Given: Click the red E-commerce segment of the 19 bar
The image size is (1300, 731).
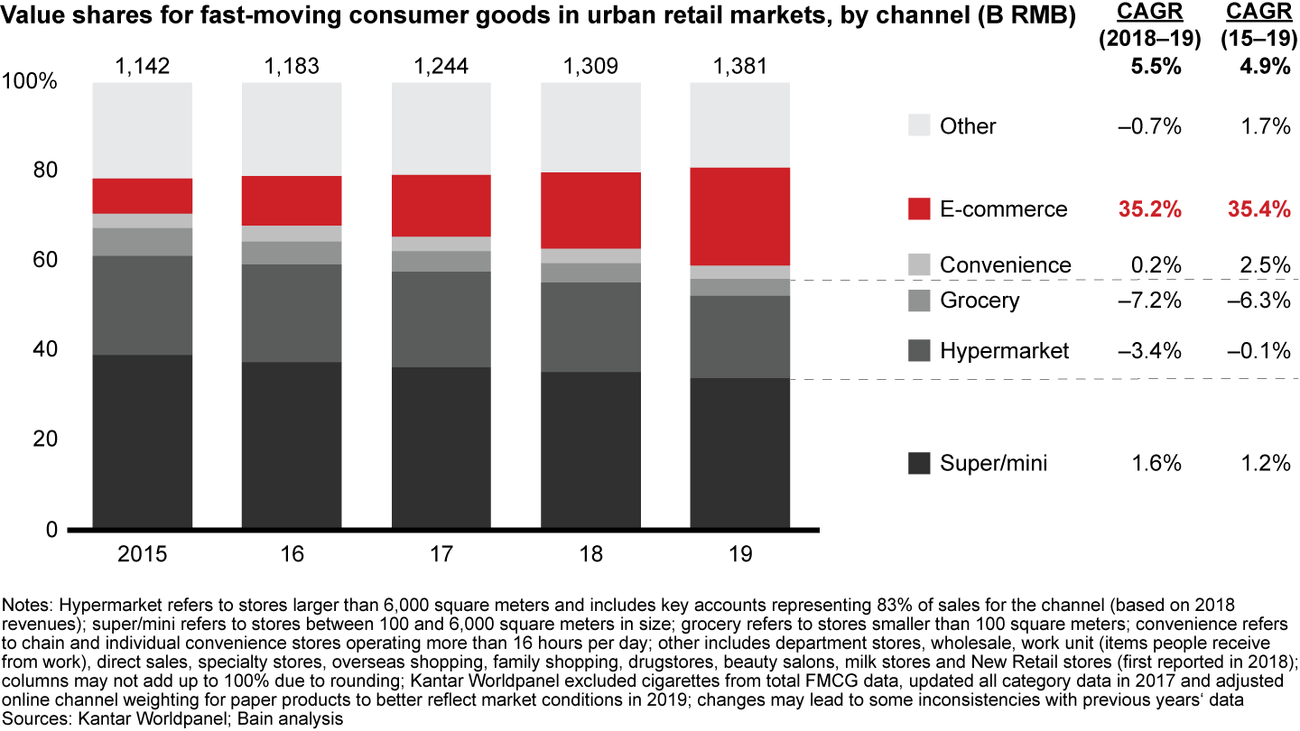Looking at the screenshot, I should click(x=739, y=217).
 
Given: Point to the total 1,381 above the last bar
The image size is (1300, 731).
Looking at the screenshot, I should click(x=739, y=65).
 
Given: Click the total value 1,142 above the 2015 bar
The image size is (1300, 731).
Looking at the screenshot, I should click(x=143, y=65).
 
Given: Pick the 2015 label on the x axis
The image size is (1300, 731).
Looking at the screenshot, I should click(x=143, y=553).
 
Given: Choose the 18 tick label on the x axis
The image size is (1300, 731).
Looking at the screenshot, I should click(x=590, y=553).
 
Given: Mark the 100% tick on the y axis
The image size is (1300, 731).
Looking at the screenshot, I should click(x=30, y=82).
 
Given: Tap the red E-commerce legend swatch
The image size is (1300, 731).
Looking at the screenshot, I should click(x=920, y=209).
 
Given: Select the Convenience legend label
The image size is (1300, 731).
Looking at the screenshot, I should click(x=1005, y=265).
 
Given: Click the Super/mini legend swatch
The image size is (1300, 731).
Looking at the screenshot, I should click(x=920, y=464).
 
